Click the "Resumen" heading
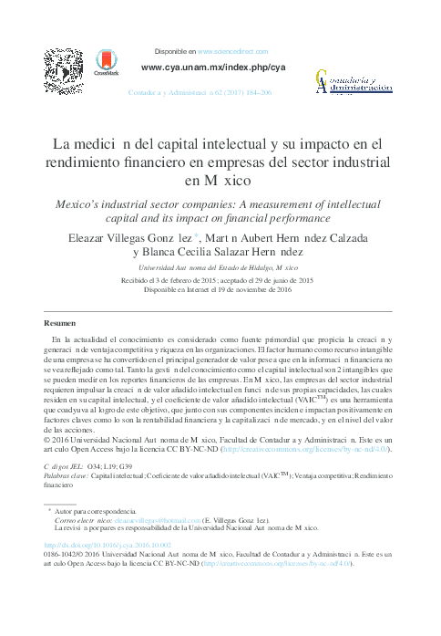[61, 324]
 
